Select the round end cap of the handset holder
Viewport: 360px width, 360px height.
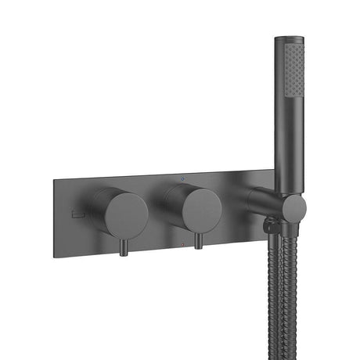[294, 209]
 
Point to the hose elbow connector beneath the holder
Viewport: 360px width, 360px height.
[271, 229]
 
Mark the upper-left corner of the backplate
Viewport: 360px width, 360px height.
[56, 180]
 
